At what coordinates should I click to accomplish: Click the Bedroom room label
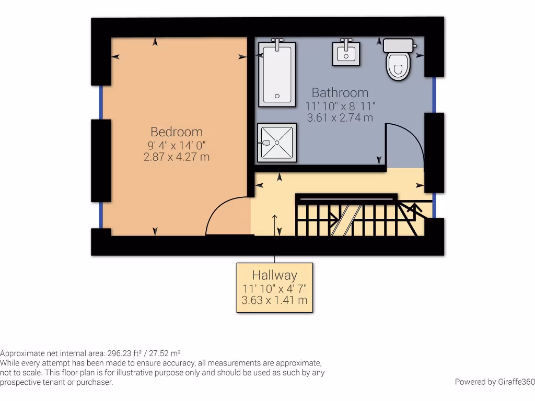pyautogui.click(x=176, y=132)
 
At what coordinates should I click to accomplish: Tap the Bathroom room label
pyautogui.click(x=340, y=92)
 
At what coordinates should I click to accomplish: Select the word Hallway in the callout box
pyautogui.click(x=274, y=275)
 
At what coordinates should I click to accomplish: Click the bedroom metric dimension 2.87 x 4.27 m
pyautogui.click(x=176, y=157)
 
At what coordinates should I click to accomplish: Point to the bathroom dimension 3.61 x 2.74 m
pyautogui.click(x=340, y=117)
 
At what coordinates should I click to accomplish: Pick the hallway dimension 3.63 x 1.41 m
pyautogui.click(x=274, y=300)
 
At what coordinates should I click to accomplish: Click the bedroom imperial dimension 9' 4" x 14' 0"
pyautogui.click(x=176, y=145)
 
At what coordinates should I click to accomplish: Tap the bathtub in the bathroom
pyautogui.click(x=276, y=73)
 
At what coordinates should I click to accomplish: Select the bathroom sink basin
pyautogui.click(x=346, y=53)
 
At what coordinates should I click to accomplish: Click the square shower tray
pyautogui.click(x=276, y=143)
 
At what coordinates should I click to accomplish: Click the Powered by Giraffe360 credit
pyautogui.click(x=494, y=382)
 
